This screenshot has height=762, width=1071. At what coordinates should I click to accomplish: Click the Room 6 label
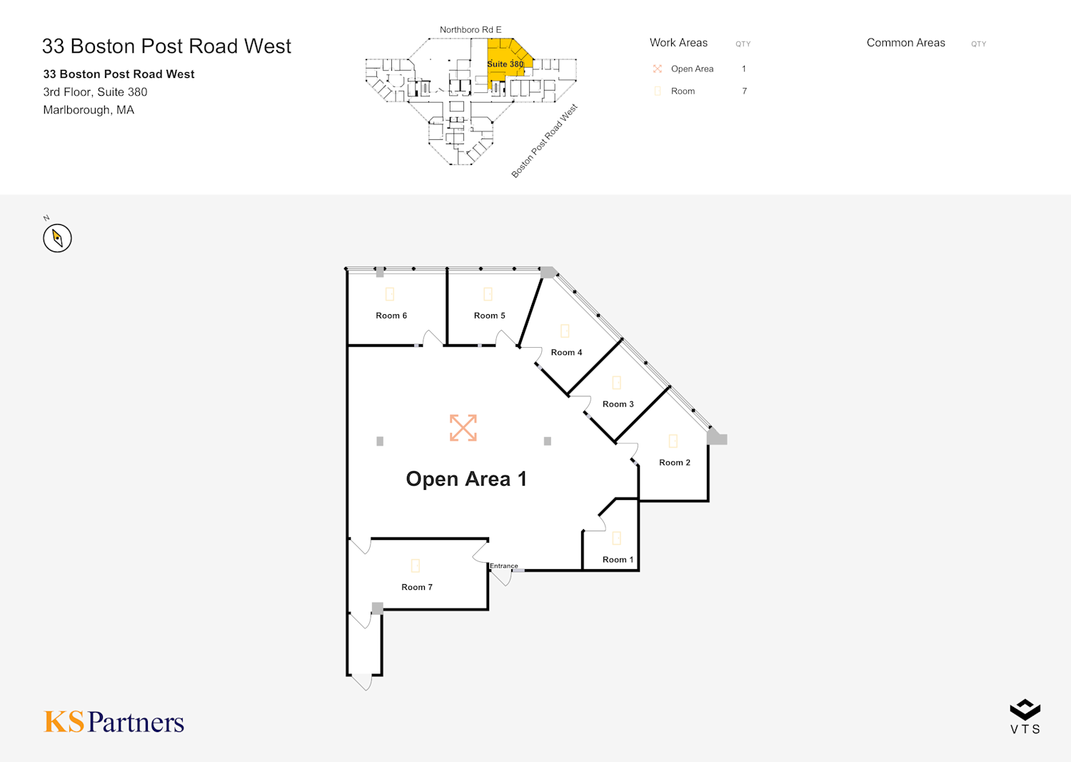click(x=391, y=316)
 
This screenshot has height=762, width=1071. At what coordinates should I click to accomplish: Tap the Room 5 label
click(x=489, y=316)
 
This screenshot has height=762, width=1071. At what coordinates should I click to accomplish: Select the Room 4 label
click(x=566, y=353)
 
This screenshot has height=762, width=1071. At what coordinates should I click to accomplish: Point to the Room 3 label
click(x=618, y=404)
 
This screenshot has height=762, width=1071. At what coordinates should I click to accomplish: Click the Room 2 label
click(x=674, y=463)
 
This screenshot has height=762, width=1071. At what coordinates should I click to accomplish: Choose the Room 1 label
click(x=618, y=560)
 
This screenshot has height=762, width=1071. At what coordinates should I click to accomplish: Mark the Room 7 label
click(x=417, y=587)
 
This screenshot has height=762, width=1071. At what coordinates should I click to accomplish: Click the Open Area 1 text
click(x=466, y=479)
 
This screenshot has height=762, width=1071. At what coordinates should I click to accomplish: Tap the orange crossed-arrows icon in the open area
click(x=463, y=428)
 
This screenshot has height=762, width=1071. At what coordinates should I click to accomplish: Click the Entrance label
click(x=504, y=566)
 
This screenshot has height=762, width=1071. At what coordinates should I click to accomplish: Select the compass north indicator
click(x=57, y=238)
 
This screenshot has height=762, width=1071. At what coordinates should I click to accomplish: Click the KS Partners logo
click(x=114, y=722)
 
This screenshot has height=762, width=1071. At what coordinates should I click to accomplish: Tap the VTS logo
click(x=1025, y=716)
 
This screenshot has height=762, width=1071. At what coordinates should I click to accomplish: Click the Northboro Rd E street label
click(x=471, y=30)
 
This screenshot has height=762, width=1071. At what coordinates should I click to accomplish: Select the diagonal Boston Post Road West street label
click(x=544, y=141)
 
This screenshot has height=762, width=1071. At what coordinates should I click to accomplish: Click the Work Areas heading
click(x=678, y=43)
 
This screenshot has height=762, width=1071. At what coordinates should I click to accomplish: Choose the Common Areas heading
click(x=905, y=43)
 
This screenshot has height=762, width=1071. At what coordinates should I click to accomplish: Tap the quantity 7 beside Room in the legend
click(x=744, y=91)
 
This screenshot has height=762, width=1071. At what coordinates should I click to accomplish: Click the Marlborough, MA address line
click(x=89, y=110)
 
